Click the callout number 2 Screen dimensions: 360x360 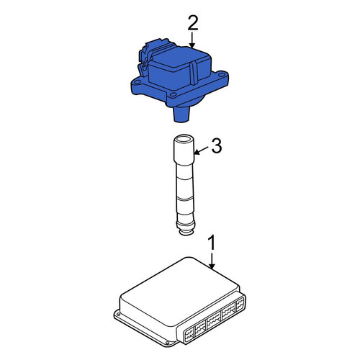pyautogui.click(x=193, y=23)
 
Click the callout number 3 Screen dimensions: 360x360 pyautogui.click(x=217, y=146)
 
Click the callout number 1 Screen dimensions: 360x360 pyautogui.click(x=212, y=244)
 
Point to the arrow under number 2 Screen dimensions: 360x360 pyautogui.click(x=192, y=40)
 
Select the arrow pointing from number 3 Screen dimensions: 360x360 pyautogui.click(x=201, y=150)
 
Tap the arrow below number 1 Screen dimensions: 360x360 pyautogui.click(x=212, y=261)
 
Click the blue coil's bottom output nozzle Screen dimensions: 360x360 pyautogui.click(x=181, y=114)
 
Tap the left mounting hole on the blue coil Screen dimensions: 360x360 pyautogui.click(x=138, y=82)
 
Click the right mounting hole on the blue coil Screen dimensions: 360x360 pyautogui.click(x=222, y=72)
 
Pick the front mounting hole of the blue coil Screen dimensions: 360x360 pyautogui.click(x=173, y=95)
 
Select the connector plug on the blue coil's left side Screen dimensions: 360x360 pyautogui.click(x=146, y=55)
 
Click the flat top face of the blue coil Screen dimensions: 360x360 pyautogui.click(x=179, y=59)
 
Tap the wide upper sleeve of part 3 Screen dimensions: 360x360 pyautogui.click(x=184, y=149)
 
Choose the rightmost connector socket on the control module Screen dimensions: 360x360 pyautogui.click(x=240, y=305)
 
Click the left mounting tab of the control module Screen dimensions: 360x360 pyautogui.click(x=117, y=314)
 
